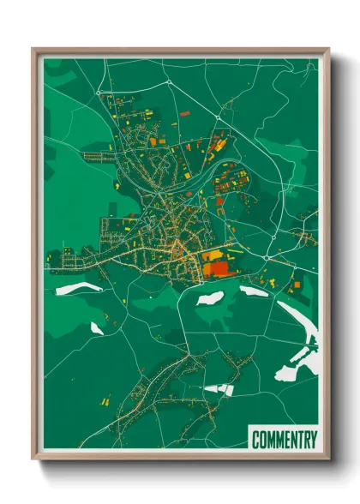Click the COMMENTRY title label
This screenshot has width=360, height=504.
pyautogui.click(x=284, y=441)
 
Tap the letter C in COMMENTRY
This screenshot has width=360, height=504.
pyautogui.click(x=256, y=441)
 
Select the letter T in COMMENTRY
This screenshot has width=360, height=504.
pyautogui.click(x=297, y=441)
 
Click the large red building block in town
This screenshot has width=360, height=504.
pyautogui.click(x=218, y=268)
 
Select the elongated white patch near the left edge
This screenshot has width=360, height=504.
pyautogui.click(x=78, y=289)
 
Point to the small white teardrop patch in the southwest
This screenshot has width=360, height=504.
pyautogui.click(x=97, y=328)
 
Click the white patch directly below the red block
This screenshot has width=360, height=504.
pyautogui.click(x=210, y=298)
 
